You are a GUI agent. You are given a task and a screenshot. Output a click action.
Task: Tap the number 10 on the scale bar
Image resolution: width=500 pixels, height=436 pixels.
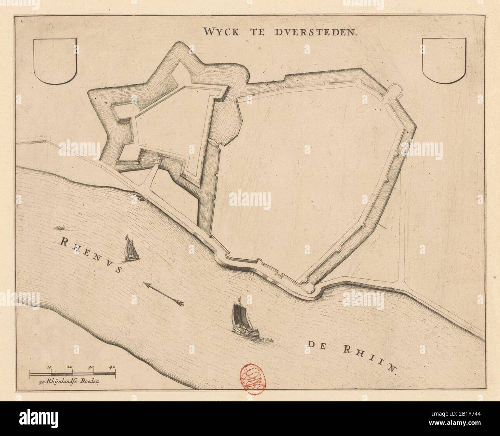[x=50, y=368]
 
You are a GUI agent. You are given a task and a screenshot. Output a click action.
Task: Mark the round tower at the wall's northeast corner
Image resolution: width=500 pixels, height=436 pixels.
[x=393, y=91]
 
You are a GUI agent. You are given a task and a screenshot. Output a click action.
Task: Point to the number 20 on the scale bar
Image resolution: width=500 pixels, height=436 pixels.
[x=70, y=368]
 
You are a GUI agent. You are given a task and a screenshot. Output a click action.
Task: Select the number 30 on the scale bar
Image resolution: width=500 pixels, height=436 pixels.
[x=91, y=368]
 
